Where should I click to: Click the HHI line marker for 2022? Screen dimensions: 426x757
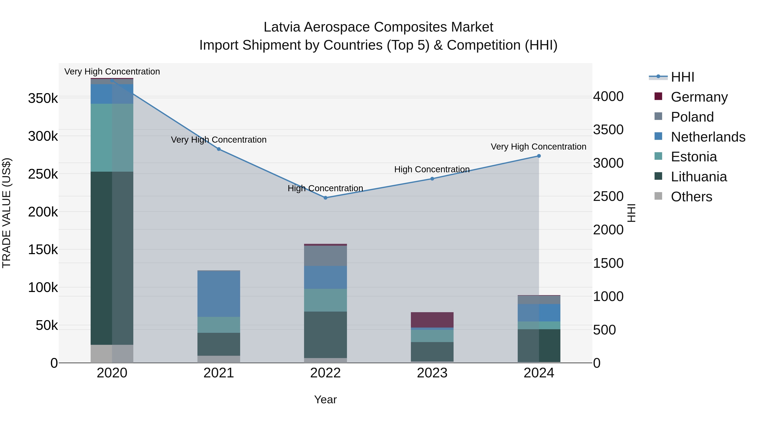point(325,198)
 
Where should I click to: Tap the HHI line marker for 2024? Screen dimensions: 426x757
point(539,156)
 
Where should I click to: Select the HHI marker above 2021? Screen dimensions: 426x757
point(219,149)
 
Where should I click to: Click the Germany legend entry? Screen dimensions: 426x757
point(699,97)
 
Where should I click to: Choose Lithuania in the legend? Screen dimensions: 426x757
point(699,177)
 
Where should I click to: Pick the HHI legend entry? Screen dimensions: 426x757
point(682,77)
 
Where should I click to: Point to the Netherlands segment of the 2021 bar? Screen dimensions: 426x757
point(219,293)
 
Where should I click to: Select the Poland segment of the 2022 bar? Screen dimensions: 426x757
point(325,256)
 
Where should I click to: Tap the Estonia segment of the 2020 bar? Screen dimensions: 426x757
point(112,138)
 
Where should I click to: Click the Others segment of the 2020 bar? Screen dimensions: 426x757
point(112,354)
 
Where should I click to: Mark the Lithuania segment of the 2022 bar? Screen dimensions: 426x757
point(325,334)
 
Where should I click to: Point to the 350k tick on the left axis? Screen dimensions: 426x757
point(43,98)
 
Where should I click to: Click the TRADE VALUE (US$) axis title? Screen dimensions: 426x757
point(7,213)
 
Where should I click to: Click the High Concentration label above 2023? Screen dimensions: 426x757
point(432,169)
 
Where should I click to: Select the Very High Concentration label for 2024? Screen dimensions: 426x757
point(538,146)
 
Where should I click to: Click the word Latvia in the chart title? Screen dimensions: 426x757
point(282,27)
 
